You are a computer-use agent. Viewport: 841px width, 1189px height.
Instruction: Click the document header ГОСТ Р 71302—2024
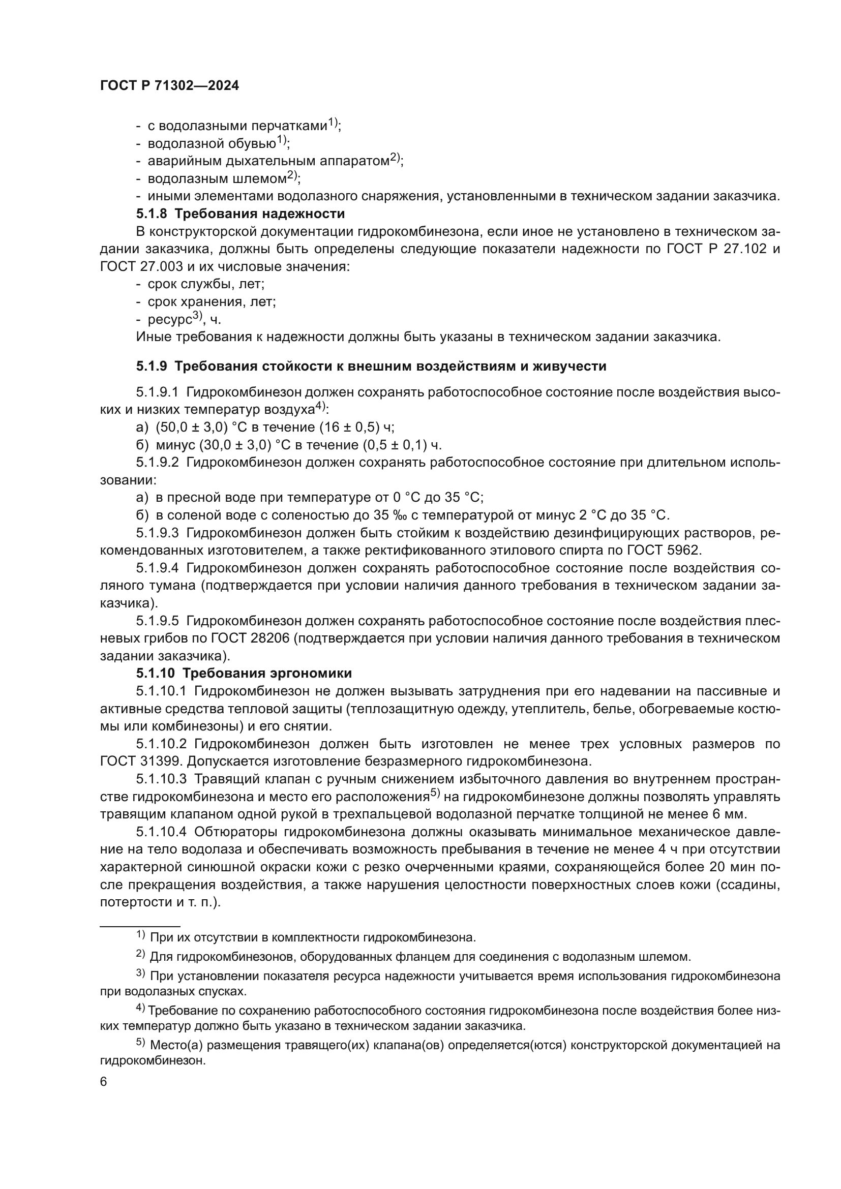point(169,86)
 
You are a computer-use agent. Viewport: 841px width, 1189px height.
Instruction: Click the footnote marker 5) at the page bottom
point(141,1044)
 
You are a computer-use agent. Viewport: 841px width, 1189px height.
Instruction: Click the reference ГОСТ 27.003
point(141,267)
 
